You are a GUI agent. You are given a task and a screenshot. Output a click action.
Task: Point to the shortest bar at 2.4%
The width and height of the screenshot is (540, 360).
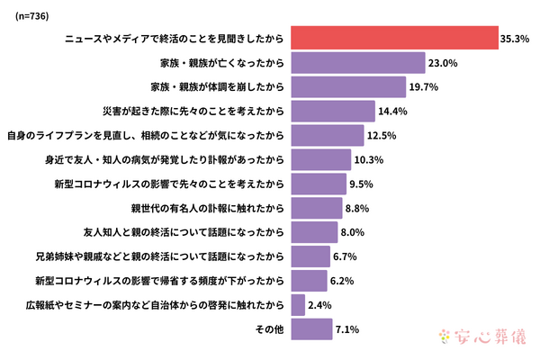click(x=299, y=306)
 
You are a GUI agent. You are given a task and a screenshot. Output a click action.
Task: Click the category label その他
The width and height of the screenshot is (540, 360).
click(x=269, y=330)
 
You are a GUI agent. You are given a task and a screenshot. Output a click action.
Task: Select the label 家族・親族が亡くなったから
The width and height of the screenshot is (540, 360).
click(x=221, y=63)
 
